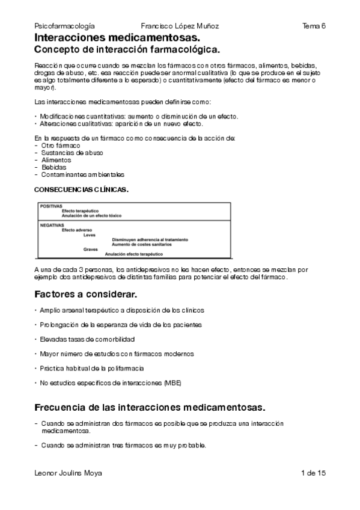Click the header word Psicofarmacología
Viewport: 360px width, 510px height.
tap(65, 26)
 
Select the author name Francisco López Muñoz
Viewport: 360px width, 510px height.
tap(180, 26)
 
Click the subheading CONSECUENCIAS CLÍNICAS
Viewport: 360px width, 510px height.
tap(81, 189)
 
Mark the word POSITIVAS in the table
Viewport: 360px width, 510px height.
tap(51, 206)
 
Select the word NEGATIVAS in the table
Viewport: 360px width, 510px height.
tap(52, 225)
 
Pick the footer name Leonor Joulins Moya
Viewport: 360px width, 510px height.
tap(69, 473)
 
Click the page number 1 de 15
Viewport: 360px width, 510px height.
tap(314, 473)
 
